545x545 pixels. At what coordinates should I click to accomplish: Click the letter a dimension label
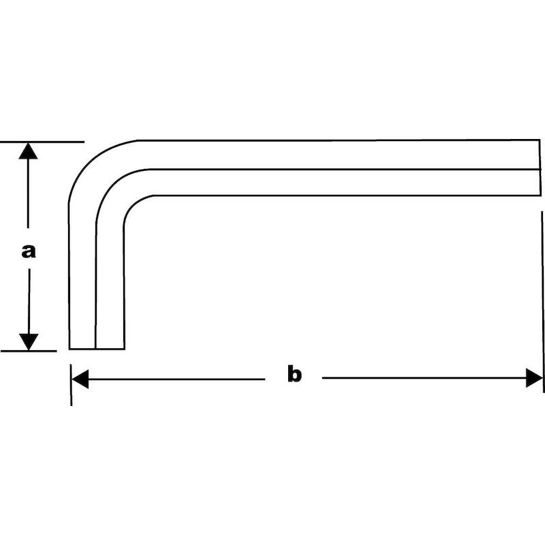pyautogui.click(x=28, y=251)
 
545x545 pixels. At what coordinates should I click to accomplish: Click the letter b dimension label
pyautogui.click(x=294, y=373)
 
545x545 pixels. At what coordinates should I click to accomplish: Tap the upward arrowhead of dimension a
pyautogui.click(x=28, y=151)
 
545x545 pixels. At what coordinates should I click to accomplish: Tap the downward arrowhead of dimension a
pyautogui.click(x=29, y=342)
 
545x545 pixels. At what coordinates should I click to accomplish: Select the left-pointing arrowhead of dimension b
pyautogui.click(x=80, y=379)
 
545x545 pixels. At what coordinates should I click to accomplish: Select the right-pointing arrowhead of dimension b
pyautogui.click(x=534, y=378)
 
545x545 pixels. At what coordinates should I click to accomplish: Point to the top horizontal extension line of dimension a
pyautogui.click(x=42, y=142)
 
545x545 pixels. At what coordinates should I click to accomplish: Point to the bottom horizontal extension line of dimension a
pyautogui.click(x=29, y=351)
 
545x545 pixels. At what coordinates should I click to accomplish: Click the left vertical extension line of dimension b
pyautogui.click(x=71, y=385)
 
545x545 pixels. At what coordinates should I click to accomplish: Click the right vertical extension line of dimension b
pyautogui.click(x=542, y=302)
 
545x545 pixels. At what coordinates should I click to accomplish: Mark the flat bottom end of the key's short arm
pyautogui.click(x=97, y=349)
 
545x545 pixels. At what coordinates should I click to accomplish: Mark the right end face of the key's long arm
pyautogui.click(x=540, y=168)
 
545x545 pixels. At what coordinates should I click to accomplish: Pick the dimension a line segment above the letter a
pyautogui.click(x=28, y=193)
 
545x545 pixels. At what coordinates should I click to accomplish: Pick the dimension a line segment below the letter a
pyautogui.click(x=29, y=301)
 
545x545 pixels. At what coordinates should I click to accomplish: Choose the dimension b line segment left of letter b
pyautogui.click(x=176, y=379)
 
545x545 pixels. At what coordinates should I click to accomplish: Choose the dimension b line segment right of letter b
pyautogui.click(x=424, y=378)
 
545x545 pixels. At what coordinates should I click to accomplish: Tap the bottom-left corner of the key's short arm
pyautogui.click(x=69, y=349)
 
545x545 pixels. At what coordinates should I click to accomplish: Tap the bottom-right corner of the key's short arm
pyautogui.click(x=124, y=349)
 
